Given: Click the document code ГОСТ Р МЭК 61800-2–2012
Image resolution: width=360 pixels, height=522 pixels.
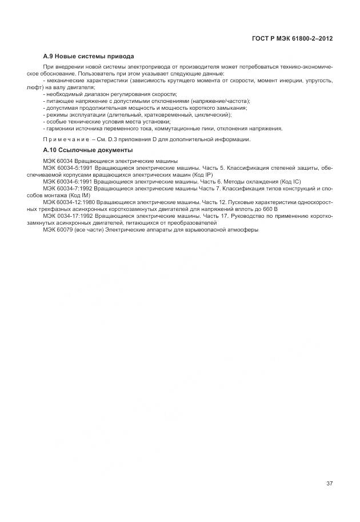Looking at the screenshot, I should (x=292, y=39).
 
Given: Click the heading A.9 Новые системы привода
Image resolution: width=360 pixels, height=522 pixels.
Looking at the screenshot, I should (x=89, y=57).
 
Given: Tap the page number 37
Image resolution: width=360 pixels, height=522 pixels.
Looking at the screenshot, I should (x=329, y=484).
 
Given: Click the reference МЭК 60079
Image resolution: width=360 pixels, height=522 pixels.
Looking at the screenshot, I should (x=58, y=230).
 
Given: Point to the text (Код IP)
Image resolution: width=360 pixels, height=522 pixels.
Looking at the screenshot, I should (x=202, y=174).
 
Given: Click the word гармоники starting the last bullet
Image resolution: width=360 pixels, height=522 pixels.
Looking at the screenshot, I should (x=60, y=129).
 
